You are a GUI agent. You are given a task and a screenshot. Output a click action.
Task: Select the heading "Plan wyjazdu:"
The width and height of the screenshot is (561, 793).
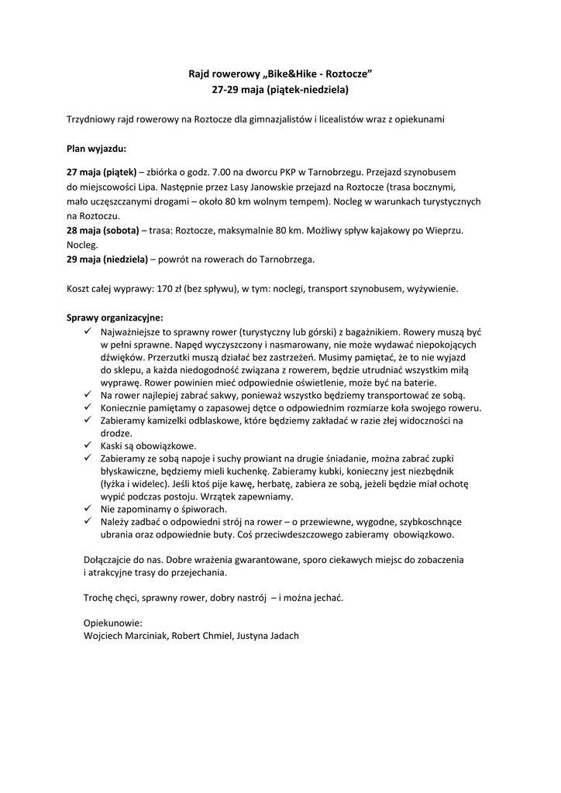click(97, 146)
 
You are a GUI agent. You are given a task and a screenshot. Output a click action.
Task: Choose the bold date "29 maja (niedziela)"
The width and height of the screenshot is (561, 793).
click(107, 259)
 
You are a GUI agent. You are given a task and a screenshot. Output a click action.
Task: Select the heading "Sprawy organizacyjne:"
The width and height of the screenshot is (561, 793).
click(115, 318)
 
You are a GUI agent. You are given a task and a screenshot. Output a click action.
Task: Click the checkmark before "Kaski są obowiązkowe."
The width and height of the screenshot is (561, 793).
click(87, 446)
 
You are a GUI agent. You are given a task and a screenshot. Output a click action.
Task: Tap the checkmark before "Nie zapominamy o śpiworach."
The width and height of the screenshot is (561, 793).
click(87, 509)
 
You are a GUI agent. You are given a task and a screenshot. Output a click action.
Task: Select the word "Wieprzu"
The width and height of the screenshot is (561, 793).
click(445, 231)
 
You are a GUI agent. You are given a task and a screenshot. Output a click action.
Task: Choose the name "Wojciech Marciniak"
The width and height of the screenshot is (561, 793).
click(122, 635)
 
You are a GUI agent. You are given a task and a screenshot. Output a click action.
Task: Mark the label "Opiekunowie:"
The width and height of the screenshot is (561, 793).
click(112, 622)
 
